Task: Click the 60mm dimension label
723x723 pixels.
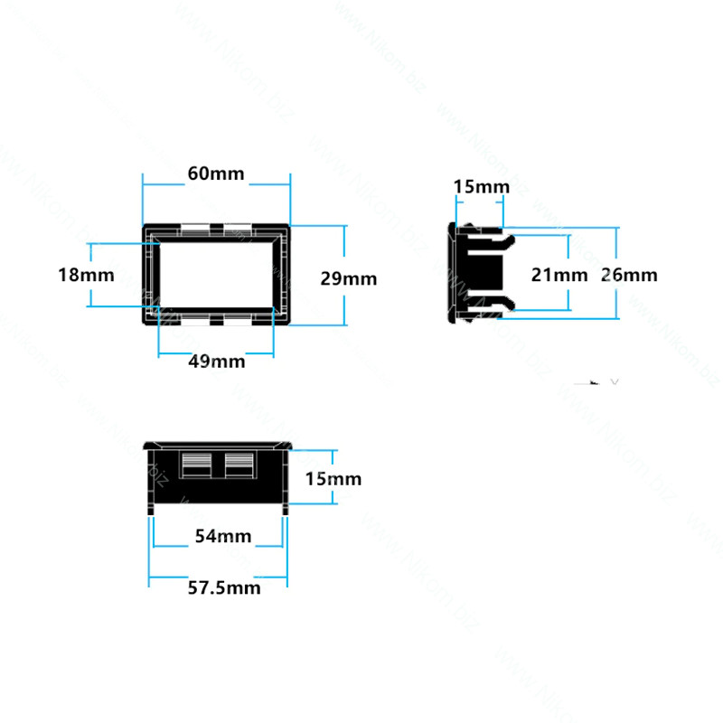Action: pyautogui.click(x=216, y=174)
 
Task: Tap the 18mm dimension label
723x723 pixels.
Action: pyautogui.click(x=86, y=275)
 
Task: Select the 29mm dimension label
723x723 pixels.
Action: pyautogui.click(x=349, y=278)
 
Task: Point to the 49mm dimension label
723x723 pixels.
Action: pyautogui.click(x=217, y=361)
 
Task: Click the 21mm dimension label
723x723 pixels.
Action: pyautogui.click(x=559, y=275)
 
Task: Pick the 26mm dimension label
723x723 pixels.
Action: pyautogui.click(x=629, y=275)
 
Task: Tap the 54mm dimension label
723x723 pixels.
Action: pyautogui.click(x=223, y=536)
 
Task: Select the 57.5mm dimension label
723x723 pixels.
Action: pyautogui.click(x=224, y=588)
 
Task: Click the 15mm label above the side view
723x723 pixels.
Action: pyautogui.click(x=482, y=187)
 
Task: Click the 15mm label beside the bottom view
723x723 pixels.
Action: pyautogui.click(x=333, y=479)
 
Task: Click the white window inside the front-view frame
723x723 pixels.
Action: pyautogui.click(x=216, y=275)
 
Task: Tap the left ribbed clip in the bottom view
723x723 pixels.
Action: pyautogui.click(x=196, y=465)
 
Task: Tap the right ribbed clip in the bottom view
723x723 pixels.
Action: pyautogui.click(x=239, y=465)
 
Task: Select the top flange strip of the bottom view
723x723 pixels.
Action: pyautogui.click(x=218, y=446)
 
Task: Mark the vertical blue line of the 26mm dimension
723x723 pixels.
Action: pyautogui.click(x=616, y=273)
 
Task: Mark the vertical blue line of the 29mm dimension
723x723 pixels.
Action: pyautogui.click(x=344, y=276)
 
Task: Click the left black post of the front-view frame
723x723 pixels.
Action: pyautogui.click(x=156, y=275)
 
